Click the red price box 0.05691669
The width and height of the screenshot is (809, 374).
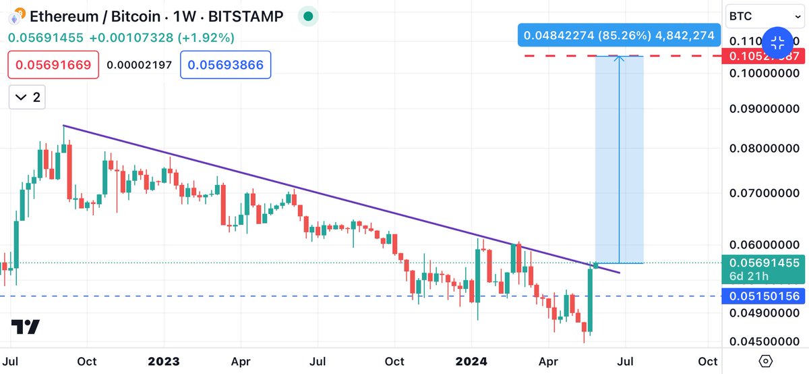tap(54, 65)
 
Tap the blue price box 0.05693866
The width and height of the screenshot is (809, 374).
tap(225, 65)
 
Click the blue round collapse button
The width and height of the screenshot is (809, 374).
tap(777, 43)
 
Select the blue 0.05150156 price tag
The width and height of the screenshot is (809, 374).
tap(760, 296)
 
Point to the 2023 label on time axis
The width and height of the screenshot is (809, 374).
tap(164, 361)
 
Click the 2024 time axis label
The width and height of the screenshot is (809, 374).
tap(473, 361)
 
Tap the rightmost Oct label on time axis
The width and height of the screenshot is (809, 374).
tap(707, 361)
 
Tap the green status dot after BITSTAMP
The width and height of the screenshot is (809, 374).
tap(308, 15)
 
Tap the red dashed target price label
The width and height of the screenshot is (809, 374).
tap(760, 56)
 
